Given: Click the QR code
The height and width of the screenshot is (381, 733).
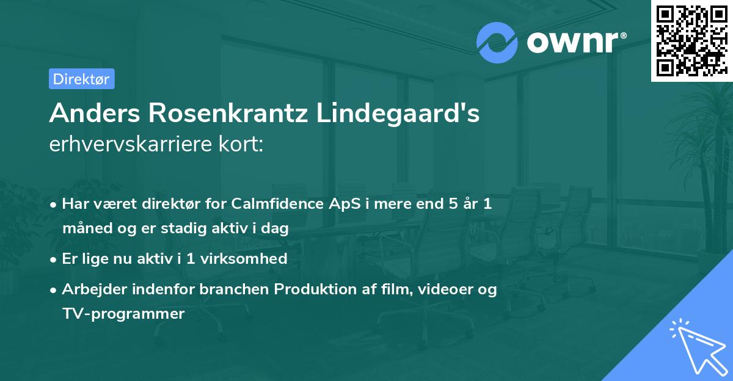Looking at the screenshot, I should [x=691, y=41].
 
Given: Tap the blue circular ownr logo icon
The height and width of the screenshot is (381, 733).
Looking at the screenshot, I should [x=497, y=42].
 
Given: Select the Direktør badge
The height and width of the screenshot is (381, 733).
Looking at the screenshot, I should [x=81, y=79].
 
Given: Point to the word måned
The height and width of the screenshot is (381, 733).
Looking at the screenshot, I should [x=84, y=229].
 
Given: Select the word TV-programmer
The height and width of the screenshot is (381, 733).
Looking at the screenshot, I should [x=123, y=314].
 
